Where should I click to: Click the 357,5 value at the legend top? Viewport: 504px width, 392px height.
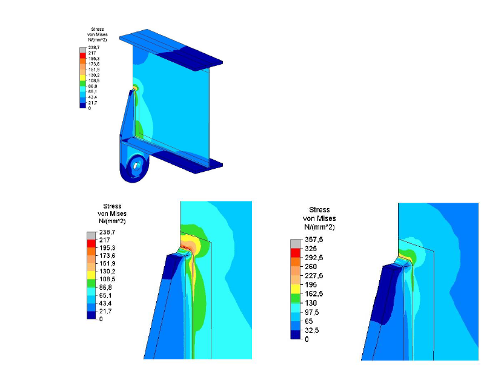click(314, 240)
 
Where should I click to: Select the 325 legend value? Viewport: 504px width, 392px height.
click(311, 249)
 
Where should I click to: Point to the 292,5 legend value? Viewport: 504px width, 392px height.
click(314, 258)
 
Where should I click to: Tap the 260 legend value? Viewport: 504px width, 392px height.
click(311, 266)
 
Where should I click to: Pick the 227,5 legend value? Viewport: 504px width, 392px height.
click(314, 276)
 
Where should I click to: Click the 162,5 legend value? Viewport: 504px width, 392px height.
click(314, 294)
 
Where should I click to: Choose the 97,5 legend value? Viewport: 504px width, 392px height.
click(312, 312)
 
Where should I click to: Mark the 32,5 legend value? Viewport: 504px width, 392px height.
click(312, 330)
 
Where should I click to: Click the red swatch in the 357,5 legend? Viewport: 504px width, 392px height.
click(296, 253)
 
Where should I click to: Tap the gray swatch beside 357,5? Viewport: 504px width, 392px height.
click(296, 244)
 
